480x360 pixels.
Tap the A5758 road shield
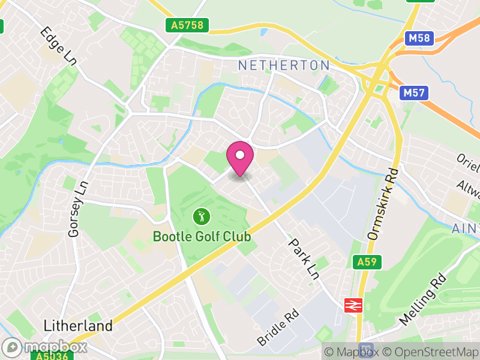point(187,25)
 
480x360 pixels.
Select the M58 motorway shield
point(419,38)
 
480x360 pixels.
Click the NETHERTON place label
point(284,65)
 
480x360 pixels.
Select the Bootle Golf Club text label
point(202,236)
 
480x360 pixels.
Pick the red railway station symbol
point(352,305)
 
